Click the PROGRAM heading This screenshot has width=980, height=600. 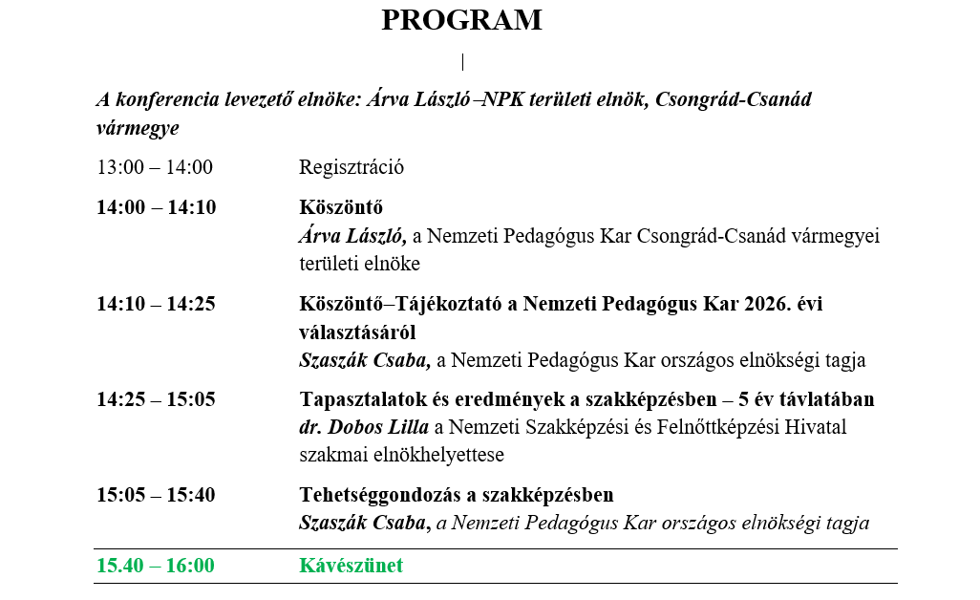pyautogui.click(x=461, y=20)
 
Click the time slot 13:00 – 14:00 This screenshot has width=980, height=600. pyautogui.click(x=155, y=167)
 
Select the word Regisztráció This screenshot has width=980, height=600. pyautogui.click(x=352, y=167)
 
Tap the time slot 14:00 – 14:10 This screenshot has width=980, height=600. pyautogui.click(x=157, y=207)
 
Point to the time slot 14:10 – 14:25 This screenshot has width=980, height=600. pyautogui.click(x=156, y=304)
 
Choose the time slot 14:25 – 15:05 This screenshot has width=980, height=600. pyautogui.click(x=156, y=399)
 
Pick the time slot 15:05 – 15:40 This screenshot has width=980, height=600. pyautogui.click(x=156, y=495)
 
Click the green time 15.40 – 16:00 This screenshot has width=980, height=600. pyautogui.click(x=155, y=566)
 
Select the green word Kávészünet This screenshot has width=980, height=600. pyautogui.click(x=352, y=566)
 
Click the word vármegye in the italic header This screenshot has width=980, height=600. pyautogui.click(x=138, y=127)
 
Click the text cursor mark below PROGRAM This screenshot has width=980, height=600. pyautogui.click(x=462, y=62)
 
